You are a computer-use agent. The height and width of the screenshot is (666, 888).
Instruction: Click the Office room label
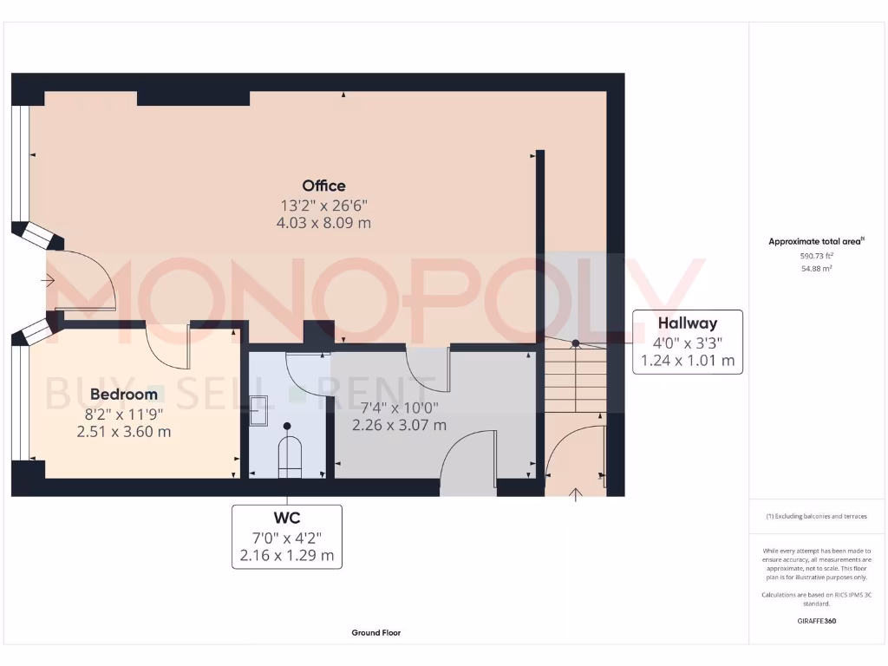tap(323, 186)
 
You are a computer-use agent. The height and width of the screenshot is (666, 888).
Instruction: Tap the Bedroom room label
tap(124, 394)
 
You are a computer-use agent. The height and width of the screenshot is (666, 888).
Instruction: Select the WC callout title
tap(287, 519)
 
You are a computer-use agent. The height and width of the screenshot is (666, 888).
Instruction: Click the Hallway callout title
tap(687, 323)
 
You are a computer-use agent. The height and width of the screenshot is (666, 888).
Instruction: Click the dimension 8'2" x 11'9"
tap(124, 414)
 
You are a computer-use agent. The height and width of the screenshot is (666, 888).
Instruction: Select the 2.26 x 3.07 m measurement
tap(399, 425)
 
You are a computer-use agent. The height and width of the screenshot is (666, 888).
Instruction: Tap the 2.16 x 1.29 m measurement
tap(287, 555)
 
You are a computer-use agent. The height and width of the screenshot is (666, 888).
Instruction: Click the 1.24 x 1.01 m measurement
tap(687, 360)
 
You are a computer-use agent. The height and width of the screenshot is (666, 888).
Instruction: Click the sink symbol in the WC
tap(258, 409)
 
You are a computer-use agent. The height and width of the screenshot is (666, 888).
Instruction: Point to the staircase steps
tap(575, 376)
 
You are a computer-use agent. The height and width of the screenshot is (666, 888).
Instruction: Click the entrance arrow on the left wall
tap(47, 280)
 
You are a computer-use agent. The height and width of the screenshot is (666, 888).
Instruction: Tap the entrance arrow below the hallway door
tap(575, 495)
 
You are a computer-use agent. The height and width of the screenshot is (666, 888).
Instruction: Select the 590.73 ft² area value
tap(816, 257)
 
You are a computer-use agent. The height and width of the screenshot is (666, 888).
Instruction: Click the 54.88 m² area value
tap(816, 269)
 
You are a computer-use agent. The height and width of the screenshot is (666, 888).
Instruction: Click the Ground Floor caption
tap(376, 633)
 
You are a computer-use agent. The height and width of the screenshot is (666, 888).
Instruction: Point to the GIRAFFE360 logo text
tap(816, 621)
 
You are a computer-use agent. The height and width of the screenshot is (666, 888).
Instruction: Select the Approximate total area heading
tap(816, 242)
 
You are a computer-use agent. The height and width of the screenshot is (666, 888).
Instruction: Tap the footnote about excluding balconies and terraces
tap(816, 516)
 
